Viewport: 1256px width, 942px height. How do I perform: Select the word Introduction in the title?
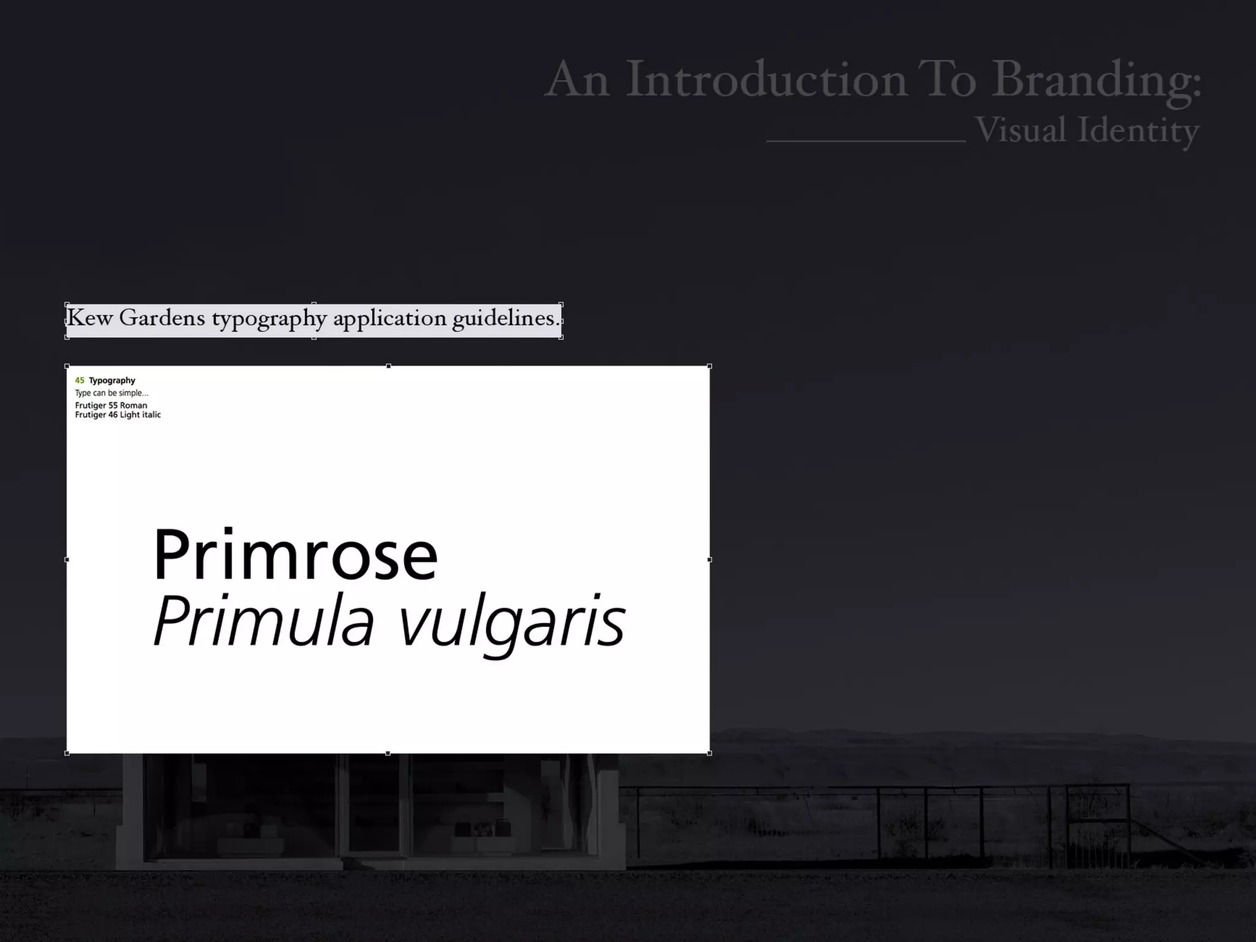coord(767,79)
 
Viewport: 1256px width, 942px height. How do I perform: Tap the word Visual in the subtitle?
coord(1020,130)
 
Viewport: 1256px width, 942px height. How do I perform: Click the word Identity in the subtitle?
coord(1138,131)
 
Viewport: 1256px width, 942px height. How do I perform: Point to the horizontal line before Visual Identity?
coord(865,141)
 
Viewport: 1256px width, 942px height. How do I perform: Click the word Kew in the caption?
coord(90,318)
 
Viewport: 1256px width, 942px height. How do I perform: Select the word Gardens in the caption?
coord(162,318)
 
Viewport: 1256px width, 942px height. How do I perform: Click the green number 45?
coord(80,380)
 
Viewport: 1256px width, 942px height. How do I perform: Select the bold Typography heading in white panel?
coord(112,381)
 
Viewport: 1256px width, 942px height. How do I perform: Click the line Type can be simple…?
coord(112,393)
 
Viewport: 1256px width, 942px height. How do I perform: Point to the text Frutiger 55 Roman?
coord(111,405)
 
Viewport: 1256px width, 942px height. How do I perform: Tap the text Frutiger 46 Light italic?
coord(118,415)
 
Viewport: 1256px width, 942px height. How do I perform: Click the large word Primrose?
coord(296,555)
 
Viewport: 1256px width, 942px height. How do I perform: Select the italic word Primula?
coord(264,621)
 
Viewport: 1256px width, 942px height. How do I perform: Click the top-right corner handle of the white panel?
coord(710,366)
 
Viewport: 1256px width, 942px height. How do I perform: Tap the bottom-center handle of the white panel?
coord(388,753)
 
